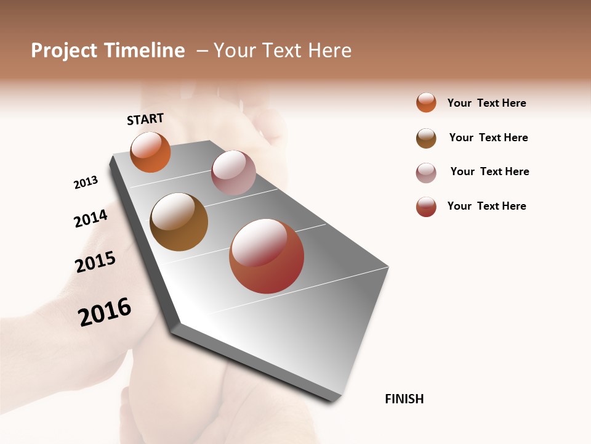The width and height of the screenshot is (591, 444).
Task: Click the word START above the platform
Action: point(145,119)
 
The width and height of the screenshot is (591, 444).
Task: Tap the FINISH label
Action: point(404,399)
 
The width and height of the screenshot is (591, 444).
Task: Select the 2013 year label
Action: point(86,183)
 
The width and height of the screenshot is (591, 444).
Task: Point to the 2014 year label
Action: point(90,218)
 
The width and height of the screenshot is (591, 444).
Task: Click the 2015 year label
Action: point(95,262)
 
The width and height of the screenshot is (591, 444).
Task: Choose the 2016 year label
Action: point(105,312)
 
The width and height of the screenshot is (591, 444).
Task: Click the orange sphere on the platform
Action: point(150,152)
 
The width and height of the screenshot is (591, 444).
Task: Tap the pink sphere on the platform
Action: point(233,173)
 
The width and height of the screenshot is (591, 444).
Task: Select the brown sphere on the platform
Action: point(179,222)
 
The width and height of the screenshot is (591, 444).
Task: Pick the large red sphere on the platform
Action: point(267,256)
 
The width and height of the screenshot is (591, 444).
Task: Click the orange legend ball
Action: point(426,102)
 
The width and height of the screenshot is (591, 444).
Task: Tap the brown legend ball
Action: point(426,138)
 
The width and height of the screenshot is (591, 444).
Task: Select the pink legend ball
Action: point(426,172)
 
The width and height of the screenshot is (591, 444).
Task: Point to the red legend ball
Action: point(426,207)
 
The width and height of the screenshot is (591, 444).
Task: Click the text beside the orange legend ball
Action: point(486,103)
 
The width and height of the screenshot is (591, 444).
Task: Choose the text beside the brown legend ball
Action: point(488,138)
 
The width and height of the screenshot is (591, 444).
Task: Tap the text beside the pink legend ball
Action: point(489,171)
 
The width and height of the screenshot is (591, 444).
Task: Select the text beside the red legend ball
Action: point(486,206)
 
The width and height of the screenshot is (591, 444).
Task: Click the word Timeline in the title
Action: point(144,51)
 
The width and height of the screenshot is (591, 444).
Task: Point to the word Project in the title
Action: point(64,51)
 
